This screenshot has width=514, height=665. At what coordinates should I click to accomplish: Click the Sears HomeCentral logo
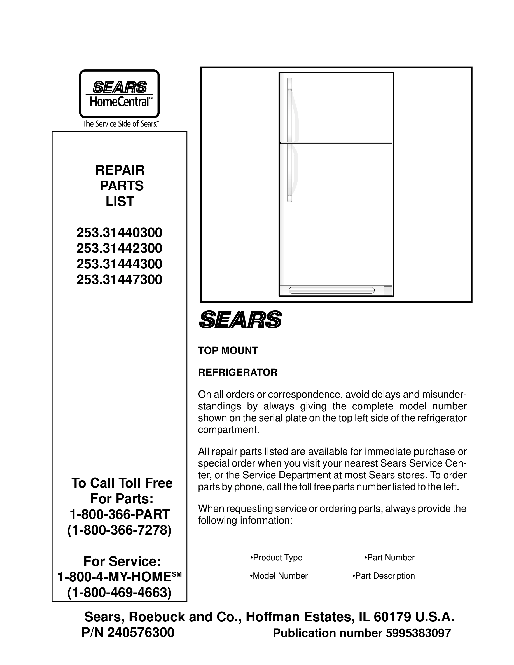tap(119, 94)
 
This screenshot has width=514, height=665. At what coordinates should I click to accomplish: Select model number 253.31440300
tap(119, 233)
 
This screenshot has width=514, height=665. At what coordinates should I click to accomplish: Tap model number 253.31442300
tap(119, 249)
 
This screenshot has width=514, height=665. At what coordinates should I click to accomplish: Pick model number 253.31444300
tap(119, 264)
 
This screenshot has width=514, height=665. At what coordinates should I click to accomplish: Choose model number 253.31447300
tap(119, 280)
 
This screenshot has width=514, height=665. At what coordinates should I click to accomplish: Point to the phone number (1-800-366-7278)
tap(119, 530)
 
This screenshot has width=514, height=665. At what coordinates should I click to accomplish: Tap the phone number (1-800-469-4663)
tap(119, 593)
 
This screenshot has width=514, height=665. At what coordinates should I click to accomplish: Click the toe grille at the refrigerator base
tap(331, 290)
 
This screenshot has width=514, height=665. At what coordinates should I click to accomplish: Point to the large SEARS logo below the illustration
tap(240, 319)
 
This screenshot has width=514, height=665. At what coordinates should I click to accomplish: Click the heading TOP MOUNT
tap(228, 351)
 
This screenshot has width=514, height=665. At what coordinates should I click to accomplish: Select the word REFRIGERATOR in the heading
tap(238, 373)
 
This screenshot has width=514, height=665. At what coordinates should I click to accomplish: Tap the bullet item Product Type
tap(276, 558)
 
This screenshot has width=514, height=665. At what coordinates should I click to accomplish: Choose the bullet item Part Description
tap(384, 576)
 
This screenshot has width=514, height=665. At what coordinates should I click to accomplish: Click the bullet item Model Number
tap(279, 576)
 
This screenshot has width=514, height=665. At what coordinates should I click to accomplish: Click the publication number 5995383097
tap(418, 633)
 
